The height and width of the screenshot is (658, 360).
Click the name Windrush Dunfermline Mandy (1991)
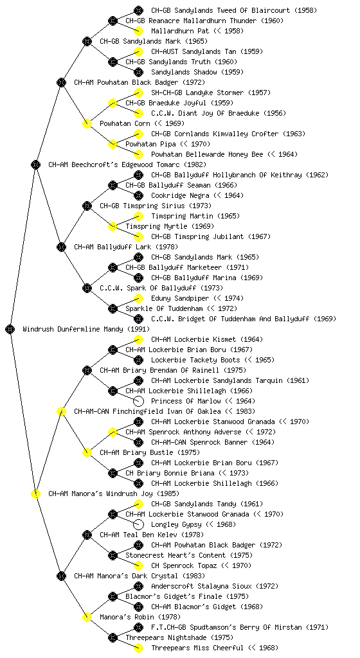click(x=86, y=329)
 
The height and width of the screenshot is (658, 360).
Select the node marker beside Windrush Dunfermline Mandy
click(x=10, y=329)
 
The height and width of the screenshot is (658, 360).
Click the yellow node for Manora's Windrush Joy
click(x=35, y=493)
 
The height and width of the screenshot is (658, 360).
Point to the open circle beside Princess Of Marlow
click(x=138, y=401)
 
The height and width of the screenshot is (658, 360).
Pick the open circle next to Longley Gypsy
click(x=138, y=524)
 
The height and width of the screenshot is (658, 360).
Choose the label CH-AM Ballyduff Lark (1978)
click(x=126, y=247)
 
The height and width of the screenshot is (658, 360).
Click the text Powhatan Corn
click(x=125, y=123)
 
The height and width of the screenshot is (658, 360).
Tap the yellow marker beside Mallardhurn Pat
click(x=138, y=31)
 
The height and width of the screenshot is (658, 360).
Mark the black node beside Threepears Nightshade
click(x=113, y=638)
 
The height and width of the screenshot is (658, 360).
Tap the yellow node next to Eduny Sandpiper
click(x=138, y=298)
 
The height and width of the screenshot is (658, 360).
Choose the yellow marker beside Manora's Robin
click(x=87, y=617)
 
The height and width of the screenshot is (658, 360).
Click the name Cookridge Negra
click(x=180, y=195)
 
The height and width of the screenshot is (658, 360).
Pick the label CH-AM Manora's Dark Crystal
click(x=126, y=576)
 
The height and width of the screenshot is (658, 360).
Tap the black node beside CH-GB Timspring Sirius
click(x=87, y=206)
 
